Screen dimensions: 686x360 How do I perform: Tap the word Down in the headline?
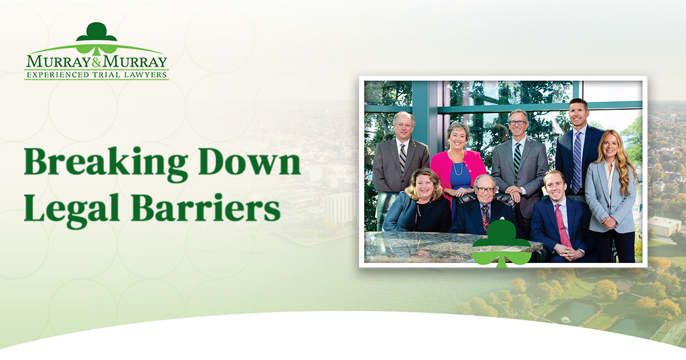coord(249,161)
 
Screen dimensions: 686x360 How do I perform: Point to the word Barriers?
coord(206,207)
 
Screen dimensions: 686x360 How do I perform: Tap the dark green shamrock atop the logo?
coord(97,32)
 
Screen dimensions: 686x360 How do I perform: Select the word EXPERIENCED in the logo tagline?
coord(58,75)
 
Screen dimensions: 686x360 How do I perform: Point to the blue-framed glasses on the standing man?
coord(518,123)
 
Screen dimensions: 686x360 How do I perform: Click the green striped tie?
coord(517,158)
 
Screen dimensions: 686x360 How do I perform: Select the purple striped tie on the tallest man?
coord(577,162)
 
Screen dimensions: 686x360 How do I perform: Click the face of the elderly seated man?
coord(485,190)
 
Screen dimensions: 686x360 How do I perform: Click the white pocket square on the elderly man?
coord(501,218)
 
